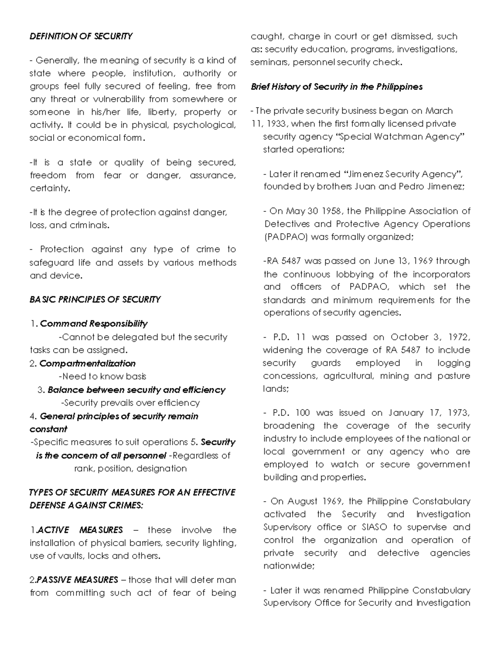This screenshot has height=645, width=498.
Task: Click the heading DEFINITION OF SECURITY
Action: [x=81, y=36]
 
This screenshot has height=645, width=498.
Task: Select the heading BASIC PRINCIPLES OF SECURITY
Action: [x=95, y=299]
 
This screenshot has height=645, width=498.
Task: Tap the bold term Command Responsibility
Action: [x=93, y=324]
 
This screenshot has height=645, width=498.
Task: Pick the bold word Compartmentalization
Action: [x=88, y=363]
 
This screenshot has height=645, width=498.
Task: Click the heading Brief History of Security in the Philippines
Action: [x=337, y=87]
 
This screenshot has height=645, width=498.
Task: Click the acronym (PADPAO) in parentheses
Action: [x=286, y=237]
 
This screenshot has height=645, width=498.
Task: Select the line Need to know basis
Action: [x=103, y=376]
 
